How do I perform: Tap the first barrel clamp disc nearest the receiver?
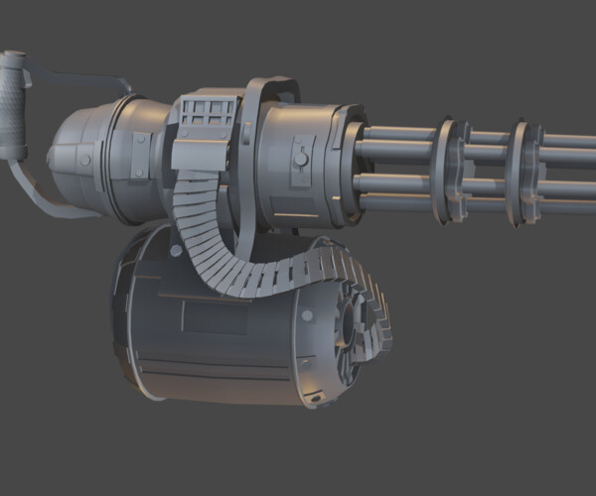click(x=455, y=169)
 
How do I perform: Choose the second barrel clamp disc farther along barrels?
click(x=521, y=169)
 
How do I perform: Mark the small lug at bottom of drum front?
click(x=316, y=399)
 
